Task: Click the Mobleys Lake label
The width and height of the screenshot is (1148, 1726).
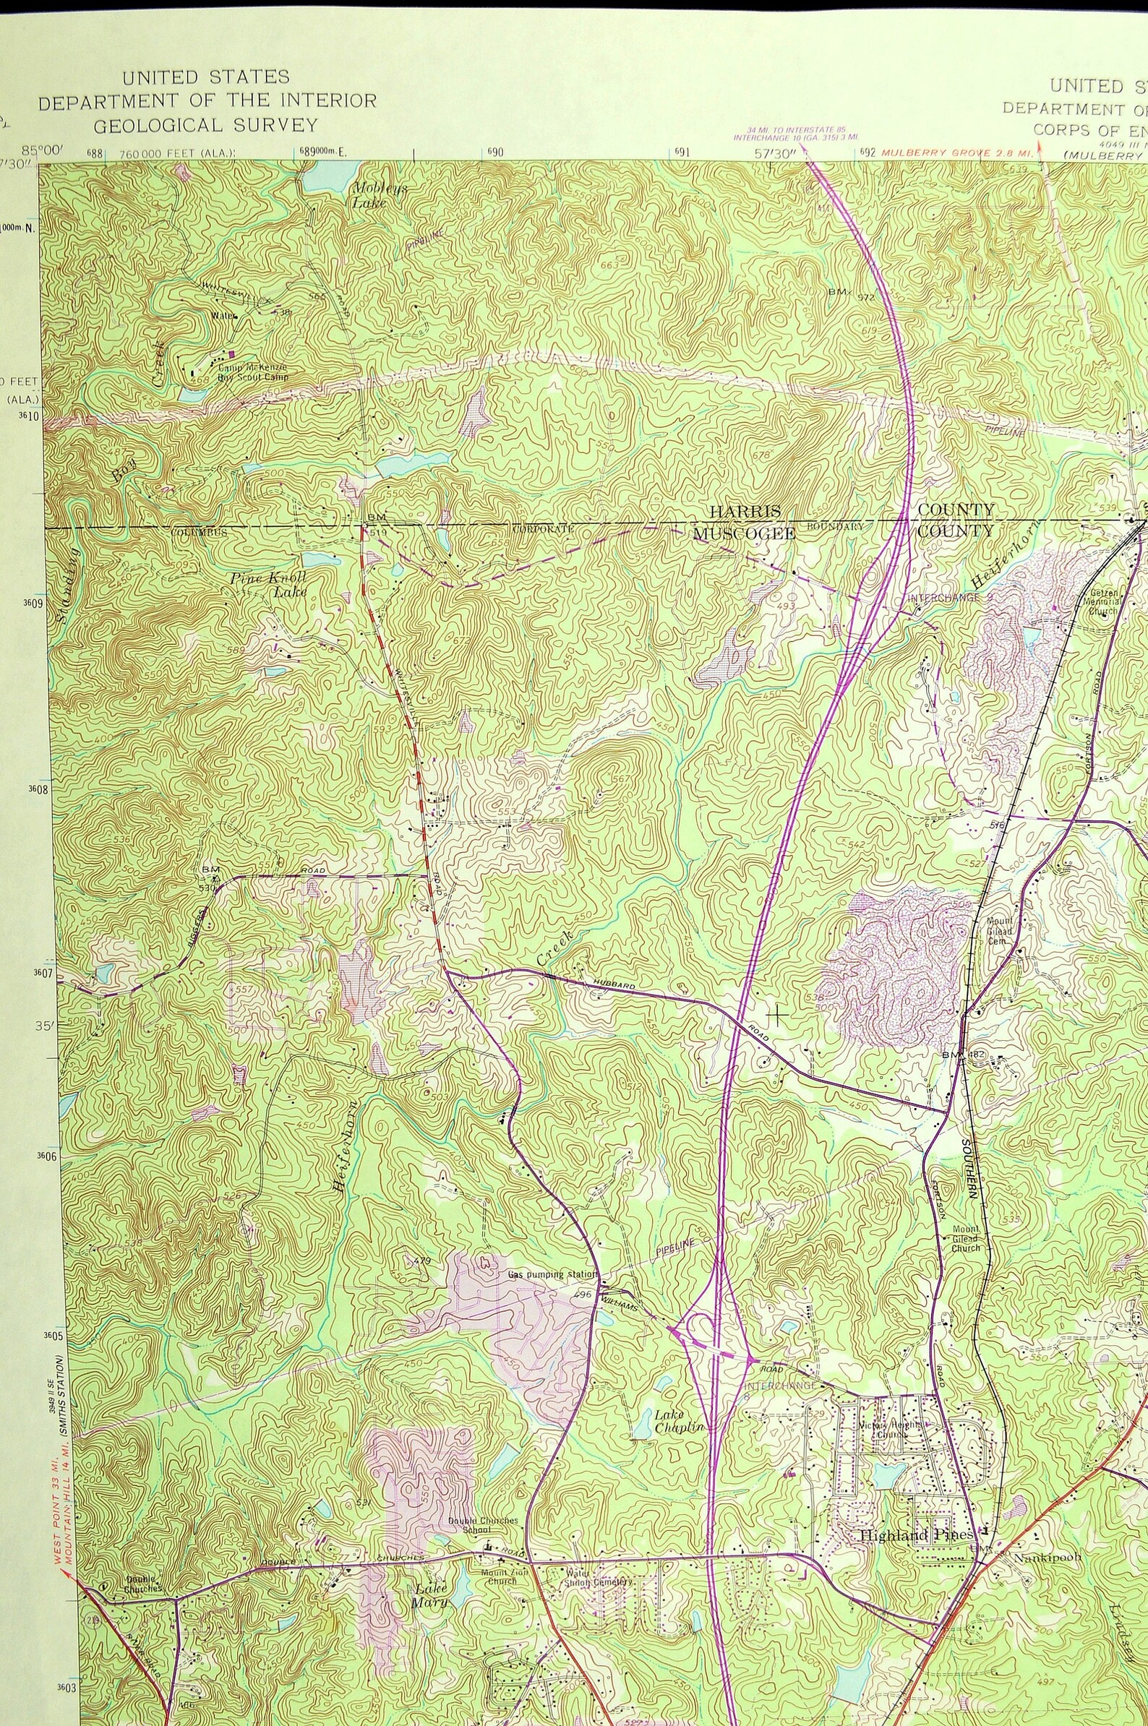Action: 380,195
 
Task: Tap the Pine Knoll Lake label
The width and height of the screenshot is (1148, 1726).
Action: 268,583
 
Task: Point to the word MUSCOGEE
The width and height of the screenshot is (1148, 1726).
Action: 744,533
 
